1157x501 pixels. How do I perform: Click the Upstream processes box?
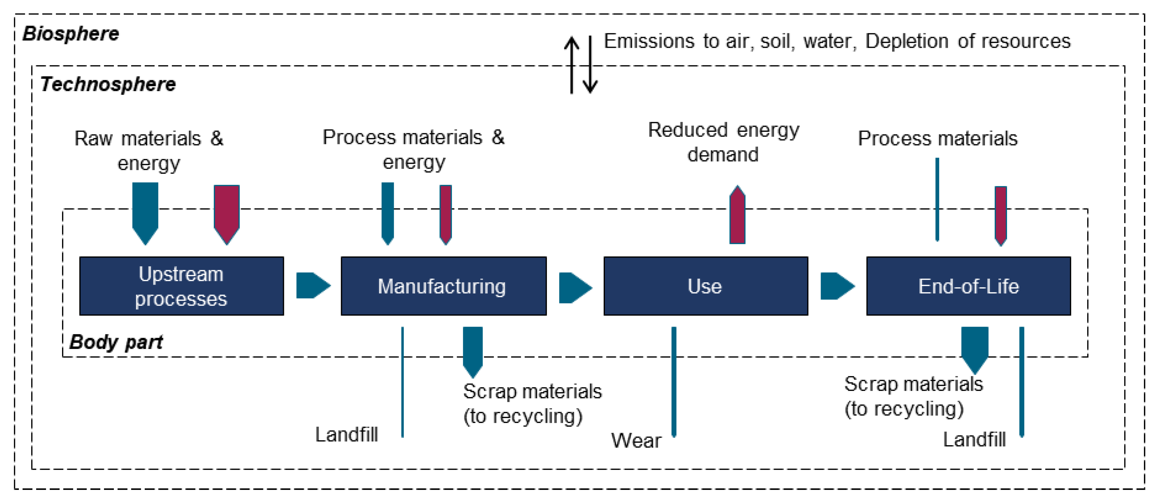tap(181, 286)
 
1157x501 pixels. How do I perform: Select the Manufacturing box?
tap(443, 286)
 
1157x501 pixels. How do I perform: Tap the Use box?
tap(705, 286)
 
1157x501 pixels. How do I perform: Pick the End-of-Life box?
tap(968, 286)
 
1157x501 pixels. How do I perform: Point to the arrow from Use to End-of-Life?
tap(837, 286)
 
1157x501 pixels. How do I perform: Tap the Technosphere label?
tap(108, 84)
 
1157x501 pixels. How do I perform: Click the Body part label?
tap(116, 342)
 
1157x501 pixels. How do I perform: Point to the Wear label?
tap(636, 441)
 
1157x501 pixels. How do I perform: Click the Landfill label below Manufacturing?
tap(346, 435)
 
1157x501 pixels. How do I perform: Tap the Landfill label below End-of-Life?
tap(974, 440)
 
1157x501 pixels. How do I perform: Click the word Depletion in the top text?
tap(906, 41)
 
